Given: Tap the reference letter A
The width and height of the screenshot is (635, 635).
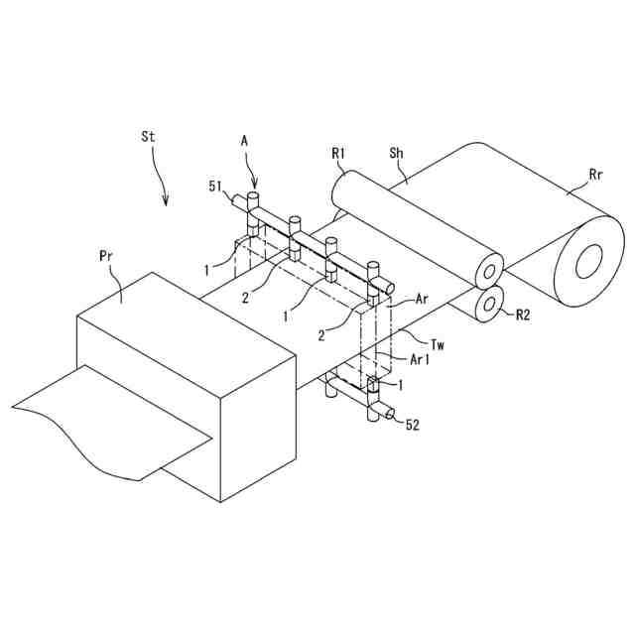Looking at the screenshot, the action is click(x=244, y=142).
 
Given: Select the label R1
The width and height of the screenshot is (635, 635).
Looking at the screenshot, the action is click(x=337, y=154).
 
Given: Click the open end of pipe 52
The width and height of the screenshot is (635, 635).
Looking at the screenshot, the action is click(x=389, y=413).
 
